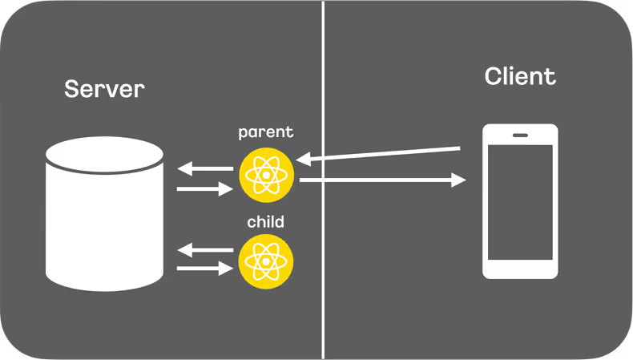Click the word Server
pos(104,89)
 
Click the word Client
pos(520,77)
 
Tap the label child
pos(266,220)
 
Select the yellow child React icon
pos(266,261)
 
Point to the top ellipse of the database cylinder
pos(104,152)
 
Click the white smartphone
pos(520,200)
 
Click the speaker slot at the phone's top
pos(520,134)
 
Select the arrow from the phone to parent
pos(385,154)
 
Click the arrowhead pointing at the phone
pos(459,181)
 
